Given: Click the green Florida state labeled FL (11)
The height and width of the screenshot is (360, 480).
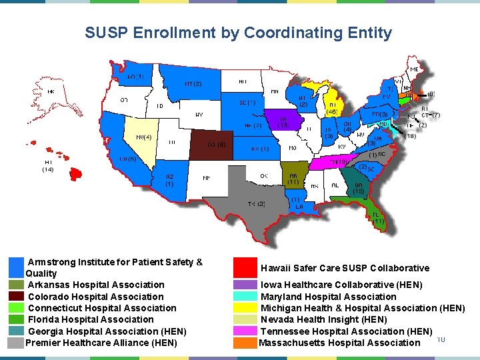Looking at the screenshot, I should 377,217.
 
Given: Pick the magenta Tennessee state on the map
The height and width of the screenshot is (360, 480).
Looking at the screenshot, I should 333,162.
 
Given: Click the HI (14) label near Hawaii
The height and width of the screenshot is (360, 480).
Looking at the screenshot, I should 48,166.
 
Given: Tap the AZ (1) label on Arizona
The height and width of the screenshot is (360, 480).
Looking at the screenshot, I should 170,180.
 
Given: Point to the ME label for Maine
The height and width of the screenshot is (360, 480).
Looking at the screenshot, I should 415,69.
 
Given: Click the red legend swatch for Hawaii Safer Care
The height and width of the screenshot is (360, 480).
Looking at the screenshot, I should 245,268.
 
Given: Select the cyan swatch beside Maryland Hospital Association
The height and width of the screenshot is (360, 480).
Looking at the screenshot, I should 245,297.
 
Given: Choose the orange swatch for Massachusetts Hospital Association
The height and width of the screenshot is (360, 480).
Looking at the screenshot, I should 245,343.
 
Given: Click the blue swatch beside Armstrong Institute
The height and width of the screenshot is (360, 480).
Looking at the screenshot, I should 17,267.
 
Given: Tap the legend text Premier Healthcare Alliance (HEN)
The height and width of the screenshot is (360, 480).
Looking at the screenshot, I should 101,343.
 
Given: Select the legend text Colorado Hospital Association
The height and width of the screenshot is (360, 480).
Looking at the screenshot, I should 95,297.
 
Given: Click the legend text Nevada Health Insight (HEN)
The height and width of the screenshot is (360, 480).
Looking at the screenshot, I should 323,319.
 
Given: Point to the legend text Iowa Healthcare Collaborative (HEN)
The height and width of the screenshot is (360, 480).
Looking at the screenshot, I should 345,285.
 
